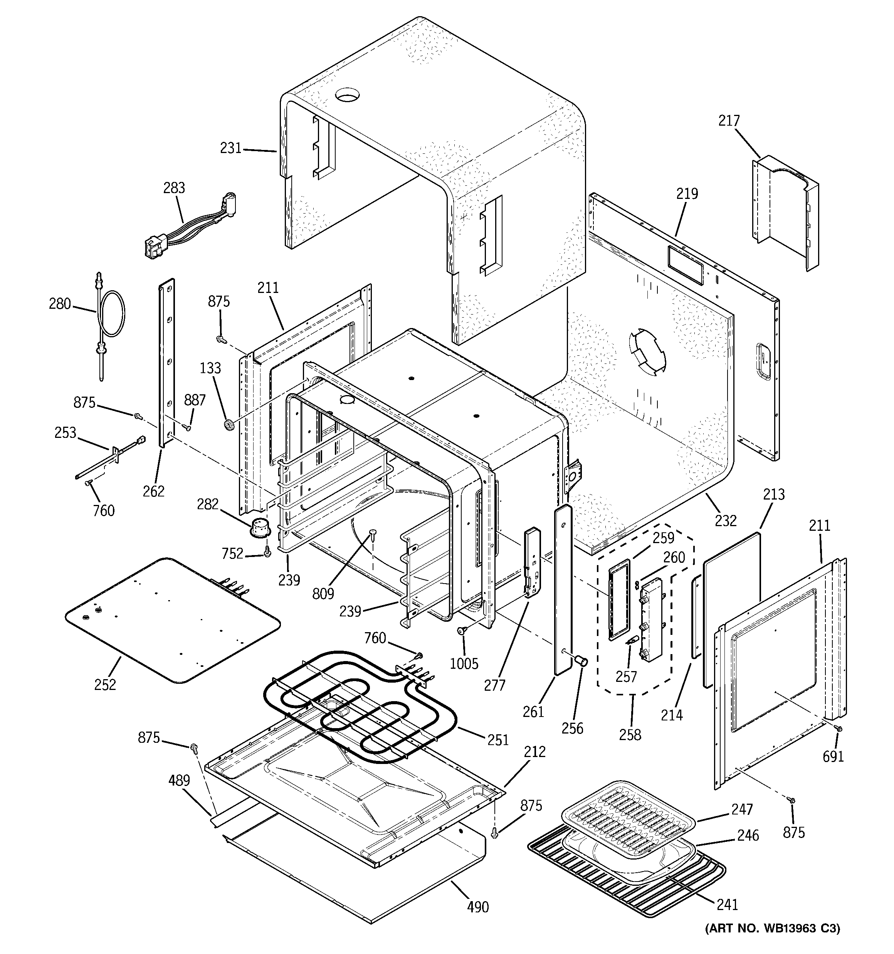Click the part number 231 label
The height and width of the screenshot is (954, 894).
coord(230,148)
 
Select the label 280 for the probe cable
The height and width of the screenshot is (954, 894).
coord(59,304)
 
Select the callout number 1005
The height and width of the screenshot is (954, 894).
coord(464,664)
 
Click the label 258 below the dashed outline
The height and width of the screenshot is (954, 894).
coord(630,735)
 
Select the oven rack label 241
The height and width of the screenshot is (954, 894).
coord(727,905)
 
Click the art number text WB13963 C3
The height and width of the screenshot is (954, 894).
coord(773,942)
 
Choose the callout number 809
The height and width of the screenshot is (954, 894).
coord(323,594)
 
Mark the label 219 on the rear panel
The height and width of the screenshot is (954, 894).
coord(687,194)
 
